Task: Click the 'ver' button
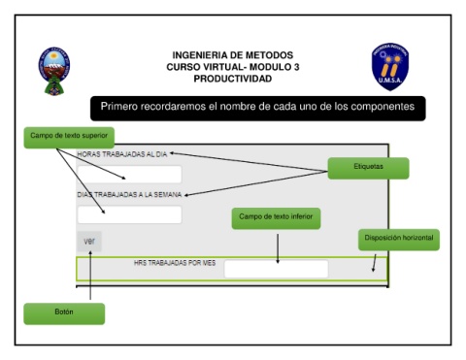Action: click(89, 242)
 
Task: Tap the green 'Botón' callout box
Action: click(64, 313)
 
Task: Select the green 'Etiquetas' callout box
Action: click(368, 168)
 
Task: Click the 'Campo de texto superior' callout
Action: click(69, 138)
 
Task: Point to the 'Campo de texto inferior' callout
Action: click(276, 218)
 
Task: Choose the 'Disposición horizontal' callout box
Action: click(399, 240)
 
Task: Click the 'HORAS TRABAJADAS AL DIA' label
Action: click(122, 154)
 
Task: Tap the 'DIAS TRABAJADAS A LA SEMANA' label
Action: click(129, 195)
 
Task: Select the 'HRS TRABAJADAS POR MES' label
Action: click(175, 263)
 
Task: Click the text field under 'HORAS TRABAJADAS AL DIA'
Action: click(129, 175)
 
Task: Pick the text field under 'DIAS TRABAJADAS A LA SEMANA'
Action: click(129, 214)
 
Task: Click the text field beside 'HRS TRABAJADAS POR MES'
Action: click(276, 269)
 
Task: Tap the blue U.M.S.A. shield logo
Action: click(390, 67)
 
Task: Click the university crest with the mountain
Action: click(54, 71)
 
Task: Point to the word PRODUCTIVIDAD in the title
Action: click(233, 79)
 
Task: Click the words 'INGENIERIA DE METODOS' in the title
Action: click(233, 55)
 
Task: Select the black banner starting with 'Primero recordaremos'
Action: click(258, 109)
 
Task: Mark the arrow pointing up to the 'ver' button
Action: click(90, 276)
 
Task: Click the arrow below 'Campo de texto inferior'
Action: click(278, 248)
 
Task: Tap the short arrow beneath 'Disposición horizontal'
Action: click(375, 263)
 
